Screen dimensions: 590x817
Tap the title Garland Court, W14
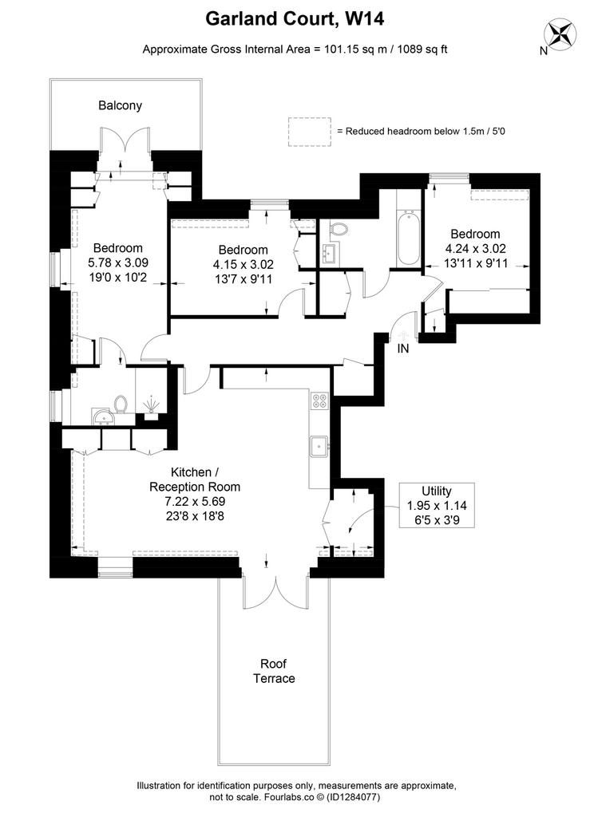point(295,19)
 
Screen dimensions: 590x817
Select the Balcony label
point(120,105)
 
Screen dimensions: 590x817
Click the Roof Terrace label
point(274,671)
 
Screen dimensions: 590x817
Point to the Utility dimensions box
point(437,505)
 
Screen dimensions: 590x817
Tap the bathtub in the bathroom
point(408,238)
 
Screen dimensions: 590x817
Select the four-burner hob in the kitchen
point(319,401)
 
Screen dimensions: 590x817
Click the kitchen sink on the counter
point(318,447)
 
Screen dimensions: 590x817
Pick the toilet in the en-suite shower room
point(121,404)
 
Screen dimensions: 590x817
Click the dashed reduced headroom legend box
point(310,132)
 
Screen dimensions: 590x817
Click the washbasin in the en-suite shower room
point(103,416)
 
